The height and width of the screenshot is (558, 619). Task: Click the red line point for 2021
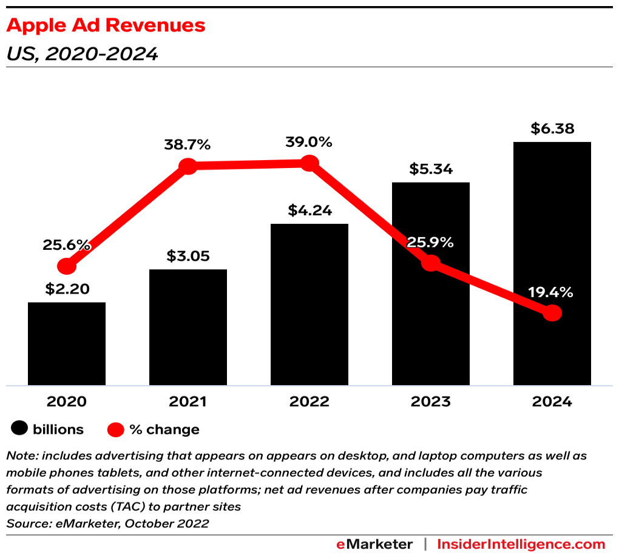pos(188,166)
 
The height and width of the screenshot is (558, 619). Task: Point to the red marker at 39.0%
pos(309,163)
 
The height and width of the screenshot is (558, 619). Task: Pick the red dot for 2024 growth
pos(552,313)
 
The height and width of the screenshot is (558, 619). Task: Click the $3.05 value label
pos(188,256)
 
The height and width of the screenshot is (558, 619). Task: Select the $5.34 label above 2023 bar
pos(430,169)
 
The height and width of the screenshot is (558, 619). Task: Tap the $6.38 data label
pos(552,129)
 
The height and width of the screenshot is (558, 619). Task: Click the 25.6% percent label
pos(67,245)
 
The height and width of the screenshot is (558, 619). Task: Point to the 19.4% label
pos(550,292)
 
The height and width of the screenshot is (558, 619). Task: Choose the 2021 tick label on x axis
pos(188,402)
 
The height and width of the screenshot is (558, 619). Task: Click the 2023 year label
pos(430,402)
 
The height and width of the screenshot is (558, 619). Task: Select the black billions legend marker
pos(19,429)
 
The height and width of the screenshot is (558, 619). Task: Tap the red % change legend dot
pos(116,430)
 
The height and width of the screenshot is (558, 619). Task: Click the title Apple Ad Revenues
pos(106,25)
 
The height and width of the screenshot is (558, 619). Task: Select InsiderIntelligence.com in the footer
pos(521,544)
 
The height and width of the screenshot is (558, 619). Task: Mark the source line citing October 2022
pos(107,523)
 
